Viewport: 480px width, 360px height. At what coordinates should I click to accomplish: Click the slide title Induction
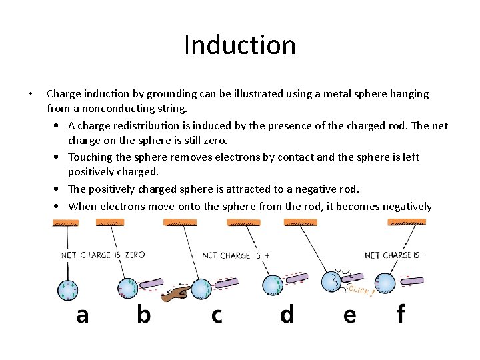(239, 45)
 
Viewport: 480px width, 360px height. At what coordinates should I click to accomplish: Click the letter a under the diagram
(82, 315)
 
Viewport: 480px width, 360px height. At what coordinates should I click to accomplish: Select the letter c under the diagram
(217, 315)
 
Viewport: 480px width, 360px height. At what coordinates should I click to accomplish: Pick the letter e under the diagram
(349, 315)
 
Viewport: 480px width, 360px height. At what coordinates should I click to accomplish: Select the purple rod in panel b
(151, 283)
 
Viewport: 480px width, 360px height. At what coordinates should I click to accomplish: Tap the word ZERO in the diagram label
(135, 255)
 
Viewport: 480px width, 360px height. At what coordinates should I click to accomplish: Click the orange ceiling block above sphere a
(65, 222)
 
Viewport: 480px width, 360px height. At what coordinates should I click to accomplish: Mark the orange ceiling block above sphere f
(407, 222)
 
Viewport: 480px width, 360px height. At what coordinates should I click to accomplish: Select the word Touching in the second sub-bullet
(90, 157)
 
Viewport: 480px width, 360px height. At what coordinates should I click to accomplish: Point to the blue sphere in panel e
(331, 282)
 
